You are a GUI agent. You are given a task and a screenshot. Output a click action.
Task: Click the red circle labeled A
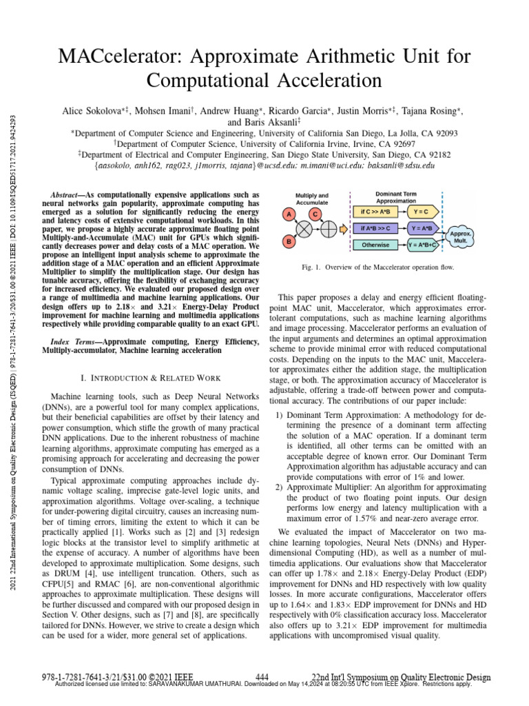coord(287,214)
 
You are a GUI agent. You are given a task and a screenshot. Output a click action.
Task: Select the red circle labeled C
coord(314,214)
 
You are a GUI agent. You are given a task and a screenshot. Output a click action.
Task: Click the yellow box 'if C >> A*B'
coord(375,211)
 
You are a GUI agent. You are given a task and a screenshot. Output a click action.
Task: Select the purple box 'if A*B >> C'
coord(375,228)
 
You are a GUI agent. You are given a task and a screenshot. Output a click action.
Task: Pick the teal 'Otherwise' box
coord(375,245)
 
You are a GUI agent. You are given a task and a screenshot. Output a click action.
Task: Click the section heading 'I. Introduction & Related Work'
coord(151,378)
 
